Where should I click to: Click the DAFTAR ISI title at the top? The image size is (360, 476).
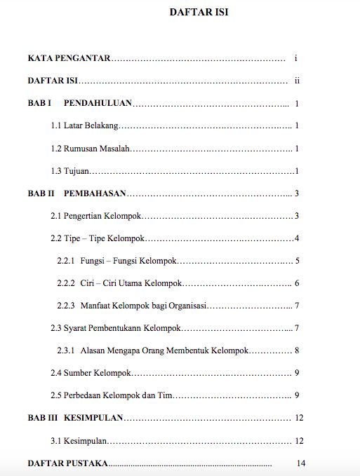[x=199, y=12]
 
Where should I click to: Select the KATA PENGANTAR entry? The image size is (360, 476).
[x=69, y=58]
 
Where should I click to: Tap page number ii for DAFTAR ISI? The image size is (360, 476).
[x=298, y=81]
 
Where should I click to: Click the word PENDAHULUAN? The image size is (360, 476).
[x=98, y=103]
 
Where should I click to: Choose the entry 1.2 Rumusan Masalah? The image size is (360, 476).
[x=91, y=149]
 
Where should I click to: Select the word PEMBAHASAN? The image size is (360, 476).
[x=95, y=193]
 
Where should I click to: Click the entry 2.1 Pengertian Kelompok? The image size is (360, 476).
[x=96, y=216]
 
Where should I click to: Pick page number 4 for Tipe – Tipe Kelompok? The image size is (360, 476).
[x=298, y=238]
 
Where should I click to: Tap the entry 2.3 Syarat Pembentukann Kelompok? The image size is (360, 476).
[x=116, y=329]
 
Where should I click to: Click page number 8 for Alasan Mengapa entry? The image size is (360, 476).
[x=298, y=351]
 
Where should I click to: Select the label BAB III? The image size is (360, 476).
[x=42, y=418]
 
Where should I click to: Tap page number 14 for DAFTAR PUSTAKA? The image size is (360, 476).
[x=302, y=463]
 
